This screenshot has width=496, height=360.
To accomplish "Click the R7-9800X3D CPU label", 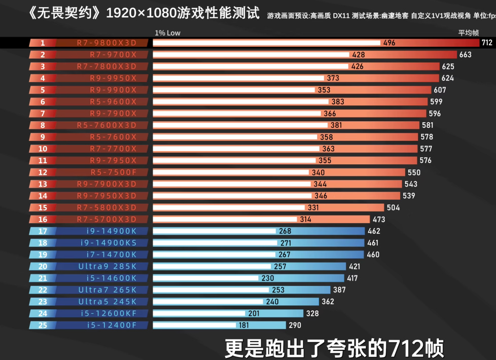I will click(x=107, y=43).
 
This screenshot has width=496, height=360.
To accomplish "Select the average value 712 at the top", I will click(x=487, y=43).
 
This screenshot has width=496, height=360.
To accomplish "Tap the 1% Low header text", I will click(x=167, y=33).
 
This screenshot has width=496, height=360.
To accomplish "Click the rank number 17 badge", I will click(x=43, y=231).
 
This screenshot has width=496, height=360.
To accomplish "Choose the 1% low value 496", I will click(x=389, y=43).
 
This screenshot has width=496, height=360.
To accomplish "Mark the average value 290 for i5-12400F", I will click(x=295, y=326).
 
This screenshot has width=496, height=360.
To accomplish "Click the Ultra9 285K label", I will click(x=108, y=266).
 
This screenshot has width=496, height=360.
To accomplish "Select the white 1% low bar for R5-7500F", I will click(x=231, y=172).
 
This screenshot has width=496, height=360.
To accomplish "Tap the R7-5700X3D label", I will click(x=107, y=220).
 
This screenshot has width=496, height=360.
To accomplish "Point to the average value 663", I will click(x=465, y=55).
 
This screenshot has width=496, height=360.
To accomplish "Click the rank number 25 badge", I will click(x=43, y=325).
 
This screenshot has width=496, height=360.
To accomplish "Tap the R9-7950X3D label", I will click(x=107, y=196).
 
